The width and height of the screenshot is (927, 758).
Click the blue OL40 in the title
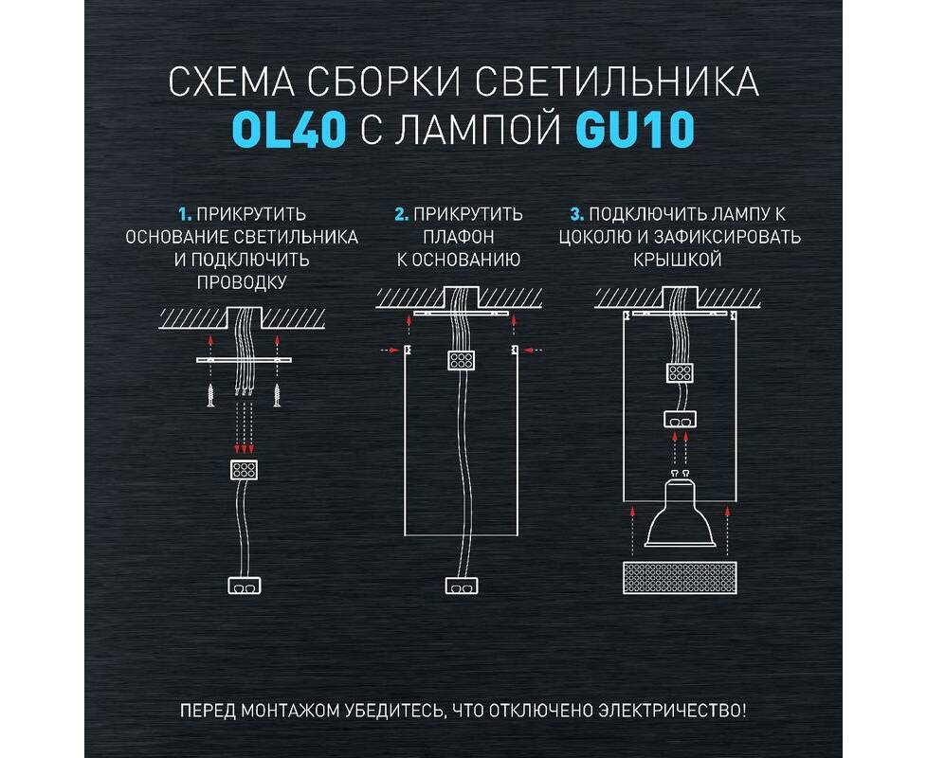pyautogui.click(x=288, y=130)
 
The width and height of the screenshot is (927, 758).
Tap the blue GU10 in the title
pyautogui.click(x=634, y=130)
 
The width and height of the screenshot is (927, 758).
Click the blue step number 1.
pyautogui.click(x=185, y=214)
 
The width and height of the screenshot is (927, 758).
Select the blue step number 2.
pyautogui.click(x=402, y=214)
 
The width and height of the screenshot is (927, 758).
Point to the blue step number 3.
pyautogui.click(x=577, y=214)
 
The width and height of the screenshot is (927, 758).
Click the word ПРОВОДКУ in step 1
pyautogui.click(x=242, y=282)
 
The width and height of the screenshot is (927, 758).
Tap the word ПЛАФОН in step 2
pyautogui.click(x=458, y=237)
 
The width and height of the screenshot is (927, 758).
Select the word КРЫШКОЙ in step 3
pyautogui.click(x=678, y=260)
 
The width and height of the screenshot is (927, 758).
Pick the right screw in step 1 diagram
pyautogui.click(x=277, y=395)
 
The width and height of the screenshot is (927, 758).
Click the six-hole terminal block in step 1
pyautogui.click(x=245, y=470)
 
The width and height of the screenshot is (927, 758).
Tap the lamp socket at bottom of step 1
pyautogui.click(x=245, y=586)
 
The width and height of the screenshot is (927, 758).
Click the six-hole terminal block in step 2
pyautogui.click(x=462, y=360)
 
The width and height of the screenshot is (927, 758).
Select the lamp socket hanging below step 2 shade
pyautogui.click(x=462, y=586)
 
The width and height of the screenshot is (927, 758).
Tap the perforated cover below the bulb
pyautogui.click(x=680, y=578)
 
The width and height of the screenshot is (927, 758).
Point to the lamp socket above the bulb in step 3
pyautogui.click(x=680, y=420)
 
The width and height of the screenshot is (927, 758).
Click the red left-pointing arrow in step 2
pyautogui.click(x=534, y=351)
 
